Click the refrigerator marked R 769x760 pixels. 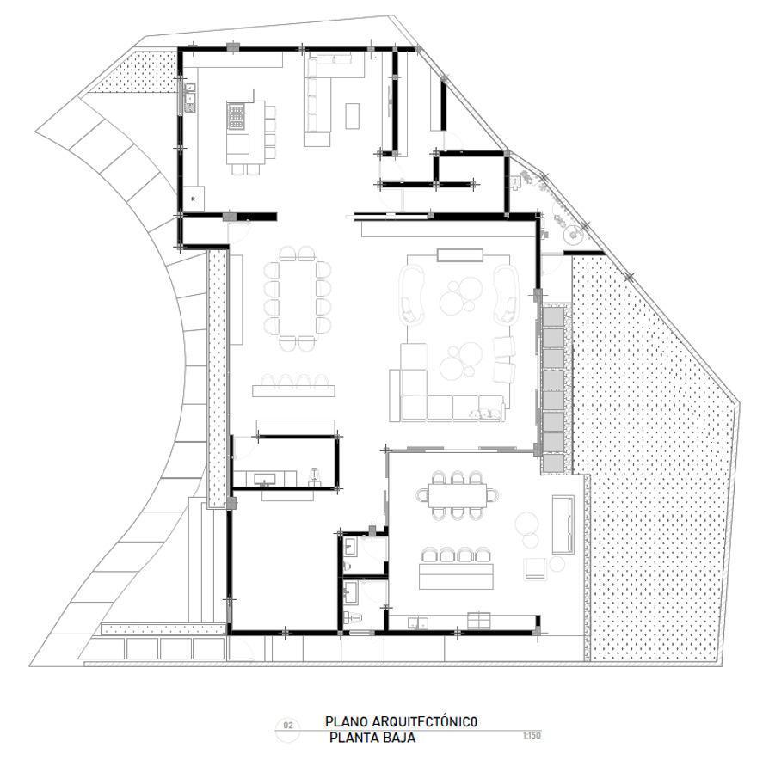(194, 199)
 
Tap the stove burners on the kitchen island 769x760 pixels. (236, 116)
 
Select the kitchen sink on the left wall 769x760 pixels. (189, 98)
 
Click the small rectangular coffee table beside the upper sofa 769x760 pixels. (352, 116)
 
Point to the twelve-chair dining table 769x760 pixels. (298, 298)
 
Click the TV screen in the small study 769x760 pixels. (264, 479)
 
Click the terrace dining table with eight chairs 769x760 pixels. (457, 495)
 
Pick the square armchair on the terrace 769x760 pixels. (534, 569)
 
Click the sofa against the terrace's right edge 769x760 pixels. (563, 524)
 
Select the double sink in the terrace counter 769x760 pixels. (418, 623)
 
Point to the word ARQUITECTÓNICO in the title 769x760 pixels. (425, 721)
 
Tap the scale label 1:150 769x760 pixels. (532, 735)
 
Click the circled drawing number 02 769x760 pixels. (288, 726)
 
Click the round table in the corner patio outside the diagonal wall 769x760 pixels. (572, 235)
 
